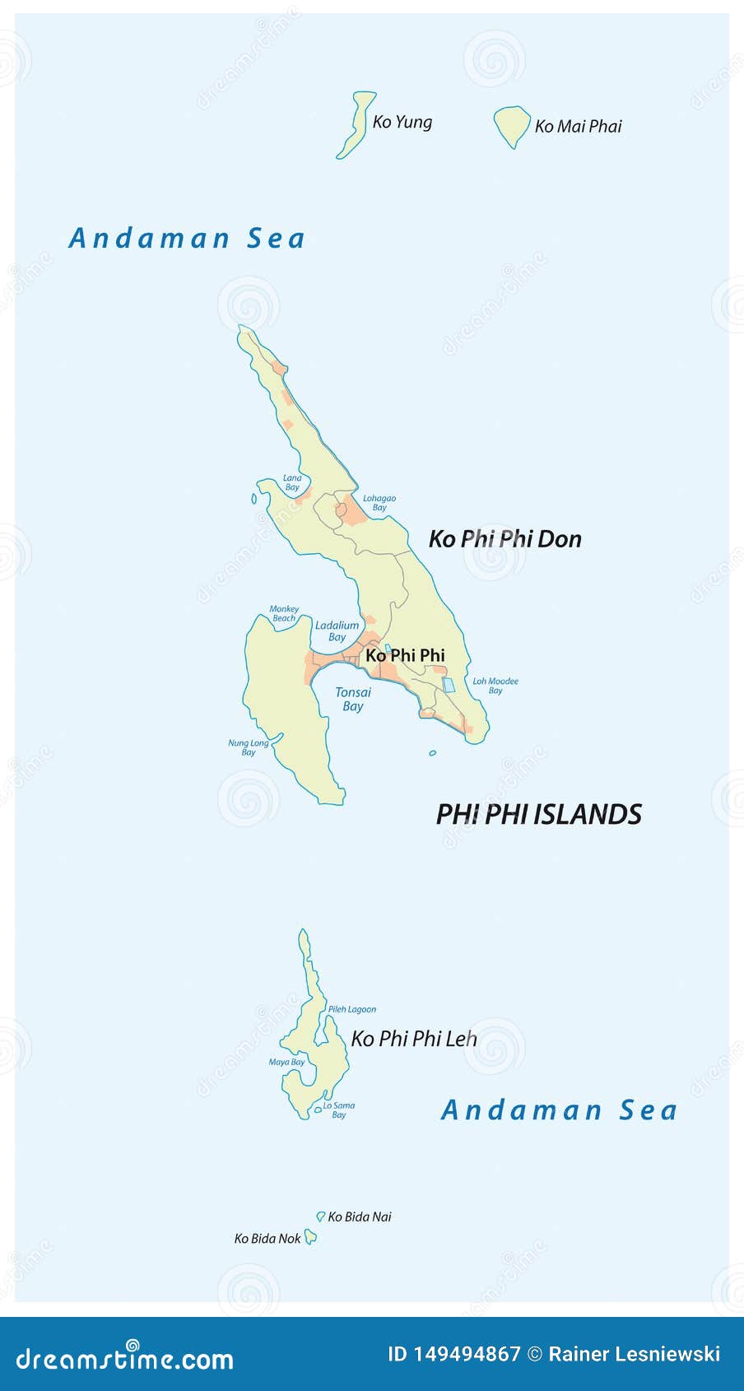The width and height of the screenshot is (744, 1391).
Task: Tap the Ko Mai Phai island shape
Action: point(511,125)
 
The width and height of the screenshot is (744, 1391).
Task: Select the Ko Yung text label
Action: point(402,122)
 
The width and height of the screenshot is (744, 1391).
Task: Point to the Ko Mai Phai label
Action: point(578,126)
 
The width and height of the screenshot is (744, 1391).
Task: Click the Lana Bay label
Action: point(292,482)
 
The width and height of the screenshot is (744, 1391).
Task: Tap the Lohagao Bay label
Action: point(379,503)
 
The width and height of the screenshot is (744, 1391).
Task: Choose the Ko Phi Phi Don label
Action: point(505,539)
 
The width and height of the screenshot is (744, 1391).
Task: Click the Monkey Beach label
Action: point(284,613)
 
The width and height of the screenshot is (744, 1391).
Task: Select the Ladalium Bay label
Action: point(337,631)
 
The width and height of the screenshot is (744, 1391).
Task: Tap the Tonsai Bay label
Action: point(353,699)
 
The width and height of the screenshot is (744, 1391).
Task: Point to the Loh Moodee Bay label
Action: point(495,686)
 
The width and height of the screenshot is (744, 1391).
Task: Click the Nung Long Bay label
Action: point(249,747)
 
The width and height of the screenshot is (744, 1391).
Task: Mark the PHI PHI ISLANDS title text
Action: point(538,814)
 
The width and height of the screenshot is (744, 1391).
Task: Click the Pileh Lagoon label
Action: point(351,1009)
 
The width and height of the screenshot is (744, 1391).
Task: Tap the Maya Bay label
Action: point(286,1062)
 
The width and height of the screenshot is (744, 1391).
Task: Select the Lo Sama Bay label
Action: point(339,1110)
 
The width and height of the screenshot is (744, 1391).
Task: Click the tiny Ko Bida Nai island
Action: point(321,1216)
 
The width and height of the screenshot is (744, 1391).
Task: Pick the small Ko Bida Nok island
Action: point(310,1236)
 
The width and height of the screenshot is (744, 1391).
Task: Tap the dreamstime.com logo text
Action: point(125,1357)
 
